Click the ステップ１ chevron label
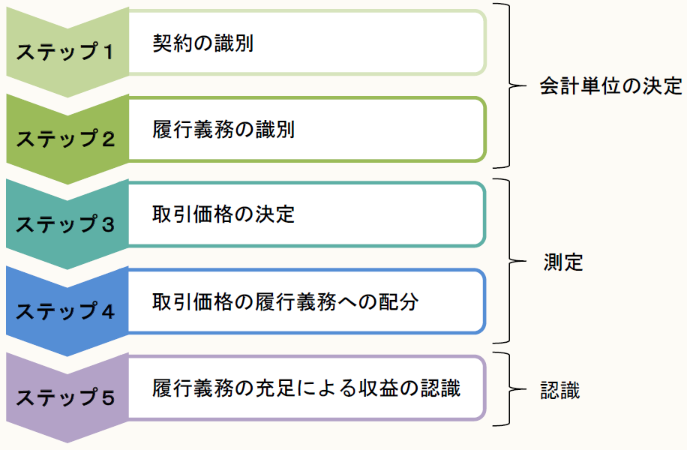[x=65, y=52]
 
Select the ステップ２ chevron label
[x=65, y=139]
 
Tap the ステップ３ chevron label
[x=65, y=224]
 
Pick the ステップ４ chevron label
[x=65, y=310]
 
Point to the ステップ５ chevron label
[x=65, y=397]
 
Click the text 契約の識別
[x=202, y=43]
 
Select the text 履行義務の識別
[x=223, y=130]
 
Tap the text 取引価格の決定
[x=223, y=215]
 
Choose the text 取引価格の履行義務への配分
[x=284, y=301]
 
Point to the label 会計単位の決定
[x=610, y=85]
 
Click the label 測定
[x=563, y=262]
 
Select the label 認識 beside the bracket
[x=560, y=390]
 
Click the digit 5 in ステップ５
[x=107, y=397]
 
